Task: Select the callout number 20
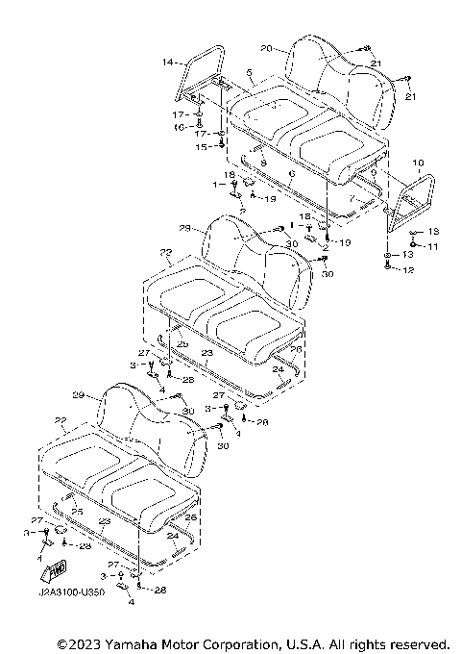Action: (x=266, y=47)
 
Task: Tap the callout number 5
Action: (x=249, y=72)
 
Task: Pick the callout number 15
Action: (x=202, y=146)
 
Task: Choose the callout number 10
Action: (x=418, y=163)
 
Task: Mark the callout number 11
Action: (x=433, y=246)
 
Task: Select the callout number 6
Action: (x=290, y=174)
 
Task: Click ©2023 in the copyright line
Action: (x=80, y=642)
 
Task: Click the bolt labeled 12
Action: (x=387, y=270)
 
